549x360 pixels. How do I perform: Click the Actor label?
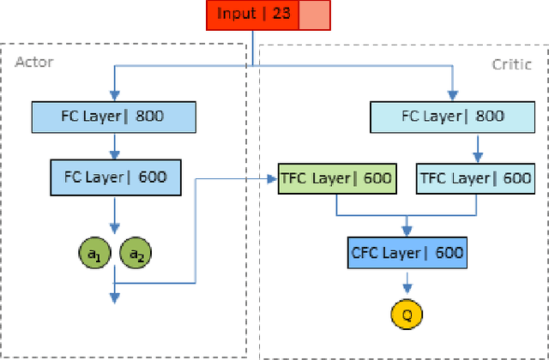pyautogui.click(x=33, y=63)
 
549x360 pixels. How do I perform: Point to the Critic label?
pyautogui.click(x=513, y=63)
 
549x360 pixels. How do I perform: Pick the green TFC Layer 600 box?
pyautogui.click(x=336, y=178)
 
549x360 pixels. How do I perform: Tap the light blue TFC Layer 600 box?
pyautogui.click(x=474, y=178)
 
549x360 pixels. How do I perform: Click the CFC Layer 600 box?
pyautogui.click(x=407, y=252)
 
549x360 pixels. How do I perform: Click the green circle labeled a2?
pyautogui.click(x=136, y=253)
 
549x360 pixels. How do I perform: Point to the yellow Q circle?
pyautogui.click(x=407, y=314)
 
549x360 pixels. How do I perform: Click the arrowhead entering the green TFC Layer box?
pyautogui.click(x=272, y=178)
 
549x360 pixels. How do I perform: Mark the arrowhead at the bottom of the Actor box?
pyautogui.click(x=114, y=297)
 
